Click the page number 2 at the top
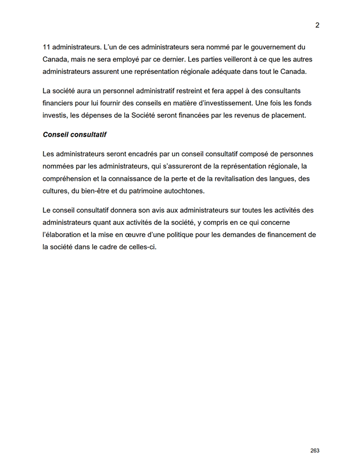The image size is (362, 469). (x=317, y=25)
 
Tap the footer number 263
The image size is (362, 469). (x=315, y=450)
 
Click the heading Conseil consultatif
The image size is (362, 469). (x=74, y=135)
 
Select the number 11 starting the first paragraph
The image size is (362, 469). (x=47, y=47)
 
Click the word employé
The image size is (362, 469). (x=135, y=59)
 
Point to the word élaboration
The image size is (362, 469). (x=66, y=235)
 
